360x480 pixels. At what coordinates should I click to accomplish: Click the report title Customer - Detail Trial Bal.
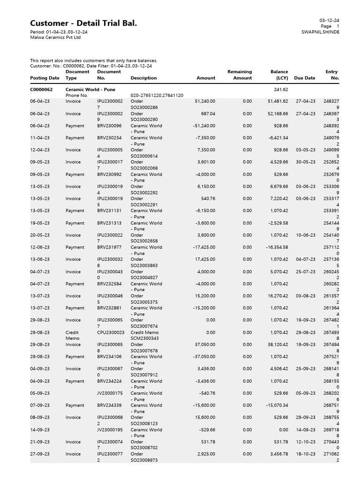click(x=83, y=23)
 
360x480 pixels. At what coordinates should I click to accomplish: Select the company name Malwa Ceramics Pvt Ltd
click(x=55, y=37)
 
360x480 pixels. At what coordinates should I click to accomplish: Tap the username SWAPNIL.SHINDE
click(x=321, y=32)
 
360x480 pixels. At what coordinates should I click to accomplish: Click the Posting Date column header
click(x=45, y=78)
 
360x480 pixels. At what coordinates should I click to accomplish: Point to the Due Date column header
click(x=305, y=78)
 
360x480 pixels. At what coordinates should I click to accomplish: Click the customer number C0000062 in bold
click(x=41, y=90)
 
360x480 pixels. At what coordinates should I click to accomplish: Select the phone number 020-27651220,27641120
click(x=157, y=95)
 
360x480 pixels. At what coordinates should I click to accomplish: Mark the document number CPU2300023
click(x=111, y=332)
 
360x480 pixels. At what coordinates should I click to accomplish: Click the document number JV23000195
click(x=111, y=429)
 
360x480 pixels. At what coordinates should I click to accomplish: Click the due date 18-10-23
click(x=306, y=454)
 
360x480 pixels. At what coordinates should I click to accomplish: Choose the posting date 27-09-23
click(x=40, y=454)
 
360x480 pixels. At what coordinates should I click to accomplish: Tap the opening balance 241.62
click(x=281, y=90)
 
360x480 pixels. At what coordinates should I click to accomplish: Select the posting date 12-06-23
click(x=40, y=247)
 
